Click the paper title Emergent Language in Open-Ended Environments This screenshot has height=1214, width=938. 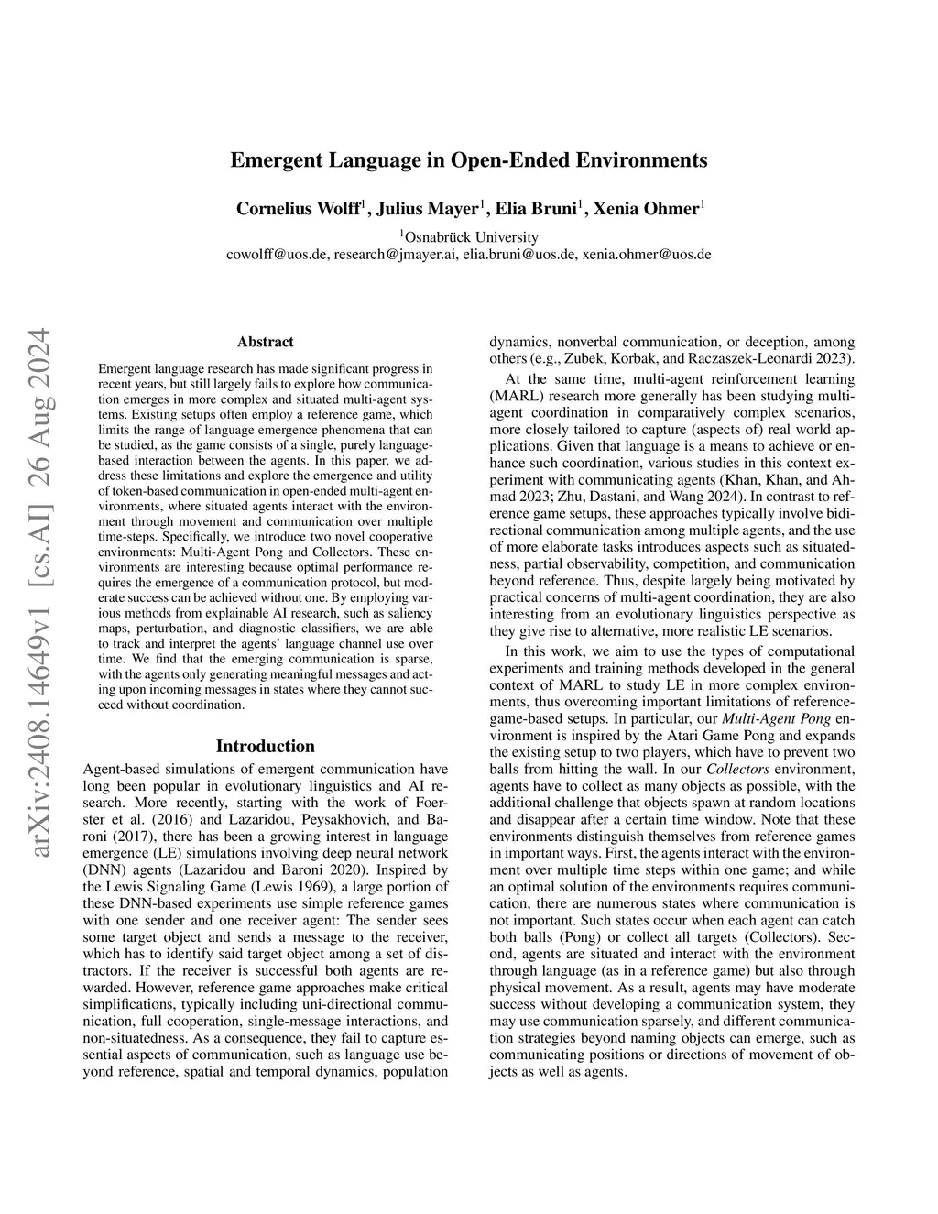coord(468,160)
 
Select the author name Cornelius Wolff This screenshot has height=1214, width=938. coord(299,208)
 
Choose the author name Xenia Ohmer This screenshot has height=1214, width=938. coord(647,208)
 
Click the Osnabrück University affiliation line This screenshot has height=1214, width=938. coord(470,236)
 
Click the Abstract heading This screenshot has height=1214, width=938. coord(266,342)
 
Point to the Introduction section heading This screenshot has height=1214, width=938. coord(266,746)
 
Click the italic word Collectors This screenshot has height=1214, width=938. coord(737,769)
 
